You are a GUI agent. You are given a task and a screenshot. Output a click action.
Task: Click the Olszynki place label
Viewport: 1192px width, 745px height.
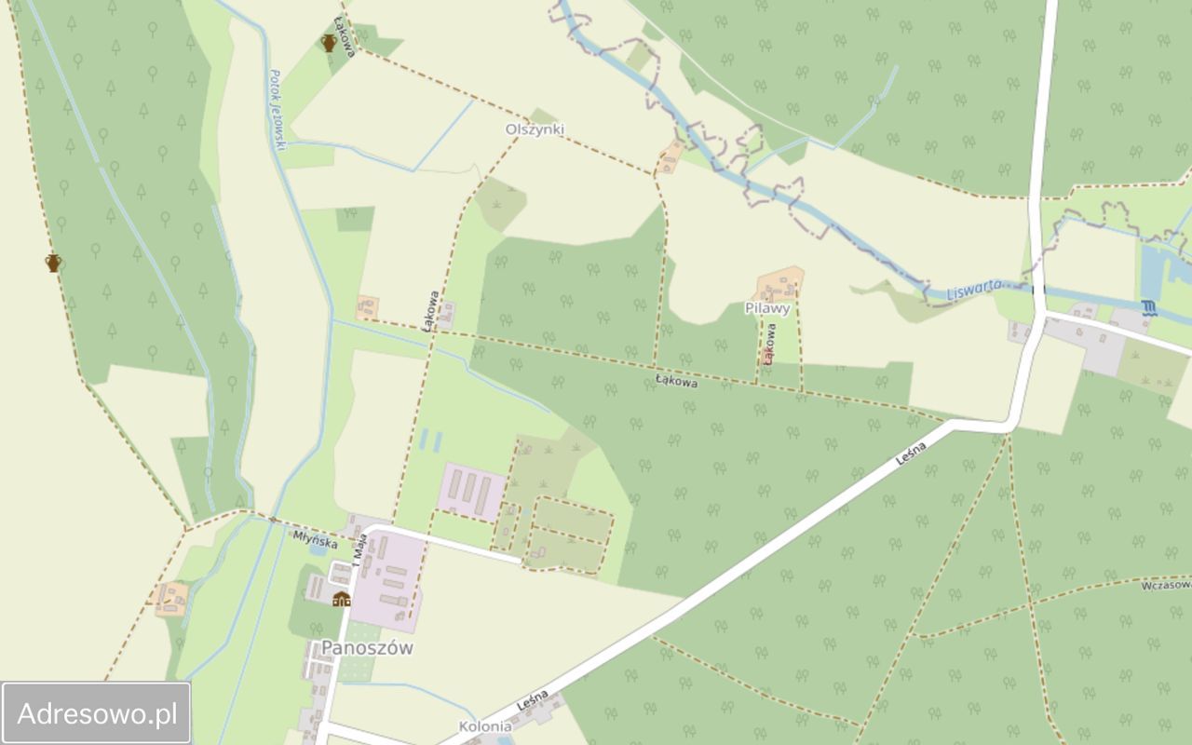(x=535, y=129)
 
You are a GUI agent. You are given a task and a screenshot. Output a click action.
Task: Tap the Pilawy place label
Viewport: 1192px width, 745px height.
(x=767, y=308)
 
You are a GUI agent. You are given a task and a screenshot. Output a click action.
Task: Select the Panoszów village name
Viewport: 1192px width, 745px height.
(x=367, y=648)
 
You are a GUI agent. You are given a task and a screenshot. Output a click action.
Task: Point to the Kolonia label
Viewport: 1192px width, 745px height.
(x=485, y=726)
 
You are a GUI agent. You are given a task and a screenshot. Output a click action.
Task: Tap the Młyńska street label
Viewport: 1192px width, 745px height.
(x=315, y=537)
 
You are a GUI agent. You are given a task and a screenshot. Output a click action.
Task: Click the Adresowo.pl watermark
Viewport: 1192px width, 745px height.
(x=97, y=714)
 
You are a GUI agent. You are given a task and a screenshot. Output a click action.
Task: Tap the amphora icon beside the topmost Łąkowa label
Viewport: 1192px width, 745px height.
(x=328, y=42)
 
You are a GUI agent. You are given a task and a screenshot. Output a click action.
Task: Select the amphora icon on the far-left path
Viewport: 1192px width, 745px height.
(x=53, y=263)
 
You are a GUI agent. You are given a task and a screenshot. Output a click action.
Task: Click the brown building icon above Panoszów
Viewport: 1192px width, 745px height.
(x=341, y=598)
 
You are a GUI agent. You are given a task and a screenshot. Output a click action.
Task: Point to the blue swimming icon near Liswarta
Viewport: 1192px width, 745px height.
(x=1147, y=308)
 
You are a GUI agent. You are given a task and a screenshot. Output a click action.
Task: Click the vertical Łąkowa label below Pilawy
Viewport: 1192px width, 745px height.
(x=769, y=343)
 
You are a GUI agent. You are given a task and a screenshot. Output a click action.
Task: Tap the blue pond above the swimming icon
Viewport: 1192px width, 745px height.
(x=1153, y=266)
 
